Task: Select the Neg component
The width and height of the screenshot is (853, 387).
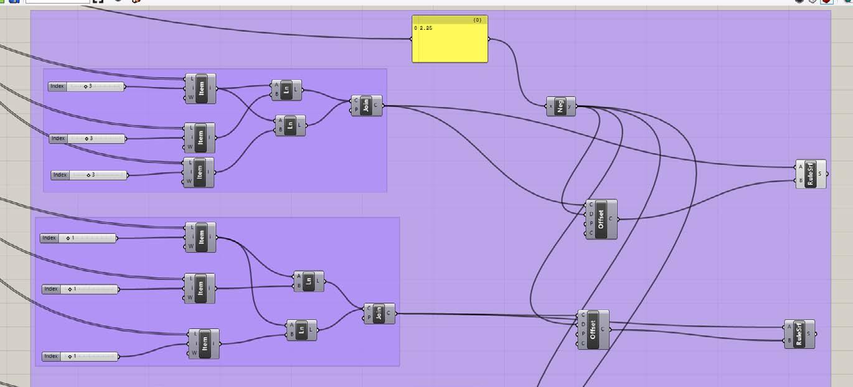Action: pyautogui.click(x=561, y=106)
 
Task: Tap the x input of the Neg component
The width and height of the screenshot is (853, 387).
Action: pyautogui.click(x=550, y=106)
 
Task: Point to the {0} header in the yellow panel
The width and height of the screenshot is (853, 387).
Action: pyautogui.click(x=477, y=21)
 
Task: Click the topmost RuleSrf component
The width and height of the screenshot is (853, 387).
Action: pyautogui.click(x=810, y=174)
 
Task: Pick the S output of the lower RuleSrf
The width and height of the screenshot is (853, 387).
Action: pyautogui.click(x=809, y=333)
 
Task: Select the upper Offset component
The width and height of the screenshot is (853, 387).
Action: pyautogui.click(x=601, y=219)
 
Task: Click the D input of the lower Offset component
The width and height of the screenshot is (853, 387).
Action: pyautogui.click(x=583, y=324)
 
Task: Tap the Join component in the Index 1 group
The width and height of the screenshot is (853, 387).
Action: pyautogui.click(x=379, y=313)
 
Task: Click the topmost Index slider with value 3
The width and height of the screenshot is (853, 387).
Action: pyautogui.click(x=87, y=86)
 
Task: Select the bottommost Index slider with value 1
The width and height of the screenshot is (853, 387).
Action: pyautogui.click(x=80, y=357)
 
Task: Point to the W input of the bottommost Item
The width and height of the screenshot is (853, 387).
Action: pyautogui.click(x=194, y=353)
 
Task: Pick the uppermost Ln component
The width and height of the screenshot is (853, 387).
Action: pyautogui.click(x=286, y=90)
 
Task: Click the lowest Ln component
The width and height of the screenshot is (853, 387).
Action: pyautogui.click(x=301, y=330)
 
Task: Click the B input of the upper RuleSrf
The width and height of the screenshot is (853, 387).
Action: pyautogui.click(x=800, y=181)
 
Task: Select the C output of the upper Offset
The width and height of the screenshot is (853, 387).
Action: pyautogui.click(x=610, y=219)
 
